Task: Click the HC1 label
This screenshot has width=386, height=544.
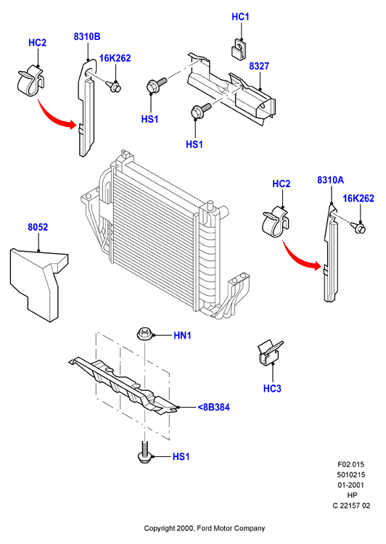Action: click(x=240, y=17)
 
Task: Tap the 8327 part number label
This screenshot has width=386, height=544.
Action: click(x=259, y=66)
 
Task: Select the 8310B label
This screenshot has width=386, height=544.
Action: click(x=87, y=36)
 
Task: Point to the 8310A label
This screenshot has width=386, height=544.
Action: click(x=330, y=180)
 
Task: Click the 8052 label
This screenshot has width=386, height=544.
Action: click(x=38, y=227)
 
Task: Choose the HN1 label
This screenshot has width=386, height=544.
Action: click(x=182, y=336)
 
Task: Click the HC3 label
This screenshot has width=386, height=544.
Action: click(x=272, y=389)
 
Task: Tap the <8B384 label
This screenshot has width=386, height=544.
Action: click(x=213, y=407)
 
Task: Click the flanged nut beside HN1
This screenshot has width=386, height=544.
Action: click(x=144, y=334)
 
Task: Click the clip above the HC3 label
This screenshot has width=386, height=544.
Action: click(x=270, y=353)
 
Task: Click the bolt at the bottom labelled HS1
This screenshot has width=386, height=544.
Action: click(x=144, y=451)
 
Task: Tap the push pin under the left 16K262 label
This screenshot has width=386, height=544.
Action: click(x=114, y=86)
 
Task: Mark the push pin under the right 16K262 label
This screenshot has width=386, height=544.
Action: click(x=358, y=228)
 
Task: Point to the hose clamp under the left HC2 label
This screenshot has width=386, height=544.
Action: click(x=30, y=82)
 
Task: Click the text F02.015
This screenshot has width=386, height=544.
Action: click(x=351, y=464)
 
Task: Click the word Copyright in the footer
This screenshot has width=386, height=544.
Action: click(x=160, y=528)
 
